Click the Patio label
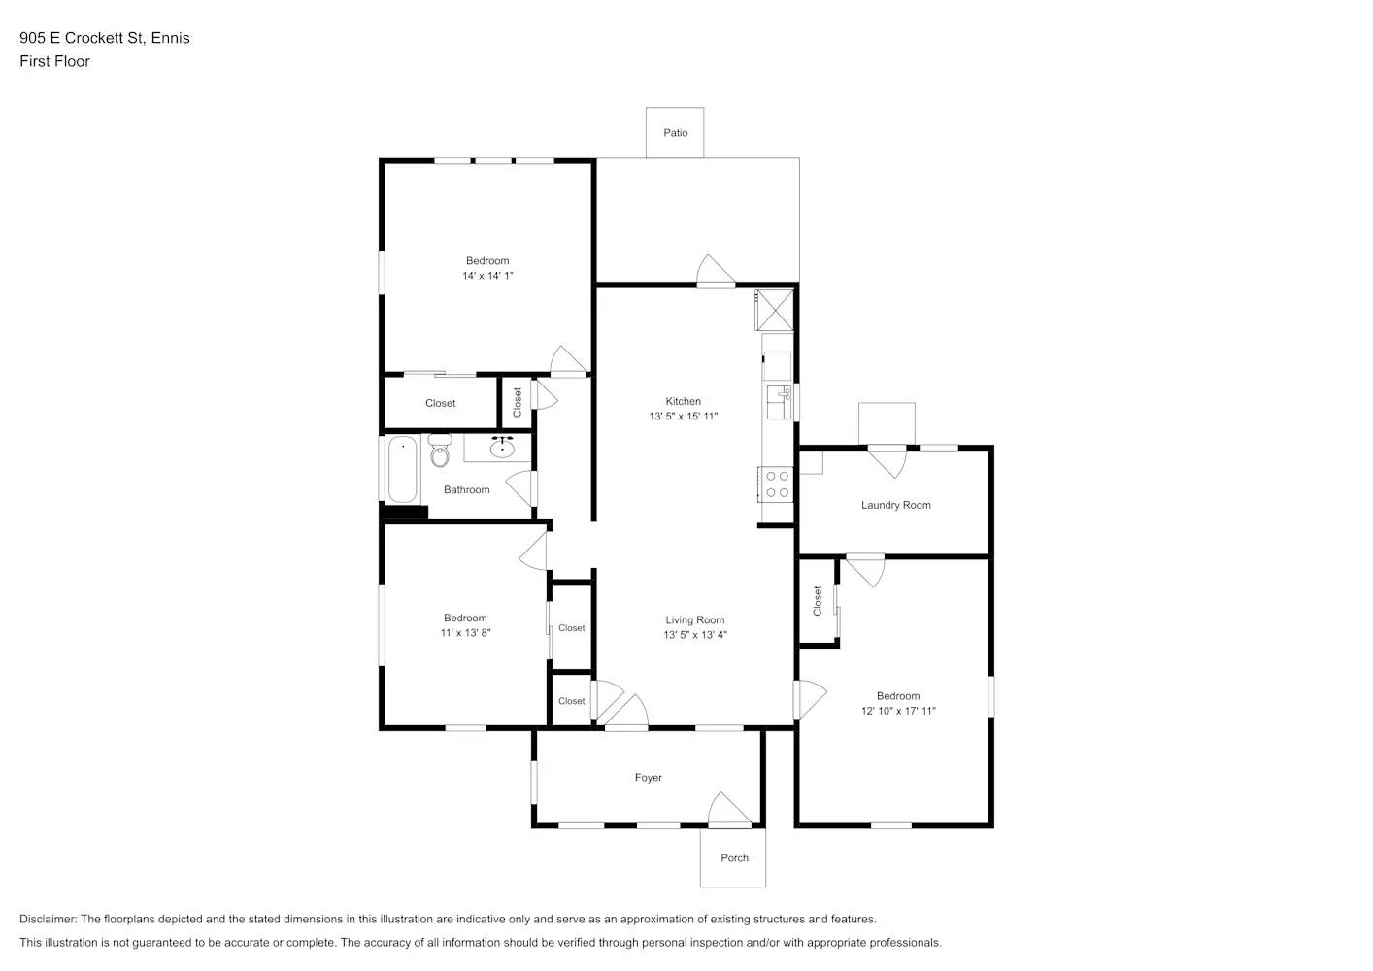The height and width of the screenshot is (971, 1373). click(x=676, y=133)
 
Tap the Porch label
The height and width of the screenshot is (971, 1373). click(x=734, y=858)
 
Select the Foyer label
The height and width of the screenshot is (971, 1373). click(x=648, y=778)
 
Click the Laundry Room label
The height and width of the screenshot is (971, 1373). click(x=895, y=505)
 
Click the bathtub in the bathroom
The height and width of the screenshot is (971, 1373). click(x=402, y=470)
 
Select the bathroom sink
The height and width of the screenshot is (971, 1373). click(x=502, y=448)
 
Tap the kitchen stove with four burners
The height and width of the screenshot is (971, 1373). click(x=777, y=484)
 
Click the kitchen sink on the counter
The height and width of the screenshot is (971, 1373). click(x=779, y=400)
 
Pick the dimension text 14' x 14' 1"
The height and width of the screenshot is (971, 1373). click(x=487, y=276)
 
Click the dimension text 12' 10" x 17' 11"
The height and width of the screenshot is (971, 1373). click(x=898, y=711)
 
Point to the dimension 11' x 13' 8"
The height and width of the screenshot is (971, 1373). click(x=465, y=633)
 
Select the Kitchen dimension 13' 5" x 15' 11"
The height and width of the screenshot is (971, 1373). click(x=684, y=417)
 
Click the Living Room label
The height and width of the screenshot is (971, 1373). click(x=694, y=620)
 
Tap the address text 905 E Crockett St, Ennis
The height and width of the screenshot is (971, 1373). click(x=105, y=38)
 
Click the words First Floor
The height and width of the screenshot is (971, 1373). click(x=54, y=61)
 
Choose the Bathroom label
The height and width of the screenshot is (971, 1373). click(x=466, y=490)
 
